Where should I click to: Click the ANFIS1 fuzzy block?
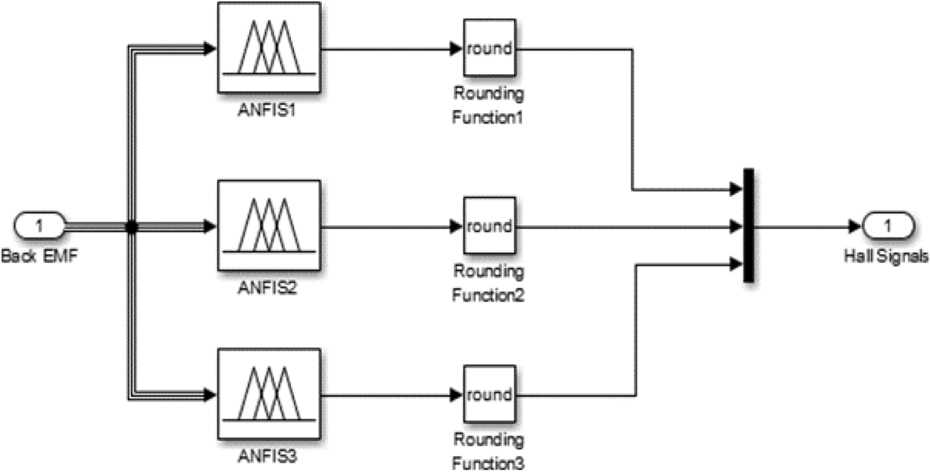click(x=269, y=48)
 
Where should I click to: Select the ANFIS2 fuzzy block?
click(x=269, y=225)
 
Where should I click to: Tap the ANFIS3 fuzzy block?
click(x=269, y=394)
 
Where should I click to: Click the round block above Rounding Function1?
click(x=489, y=48)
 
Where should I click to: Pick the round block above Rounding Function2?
click(x=489, y=226)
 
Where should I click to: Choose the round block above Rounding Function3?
click(x=489, y=394)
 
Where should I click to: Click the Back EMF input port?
click(x=39, y=226)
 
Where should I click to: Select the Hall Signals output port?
click(x=887, y=226)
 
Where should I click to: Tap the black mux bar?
click(x=749, y=225)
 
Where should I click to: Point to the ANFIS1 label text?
click(x=267, y=110)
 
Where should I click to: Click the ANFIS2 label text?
click(x=267, y=288)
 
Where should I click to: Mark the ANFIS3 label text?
click(x=267, y=456)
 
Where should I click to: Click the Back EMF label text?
click(x=39, y=256)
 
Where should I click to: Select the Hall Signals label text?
click(x=886, y=256)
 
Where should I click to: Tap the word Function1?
click(x=488, y=117)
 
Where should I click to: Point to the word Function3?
click(x=488, y=463)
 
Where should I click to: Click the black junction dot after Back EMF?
click(x=131, y=227)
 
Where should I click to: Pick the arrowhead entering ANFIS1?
click(x=211, y=48)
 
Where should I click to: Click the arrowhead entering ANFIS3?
click(x=211, y=395)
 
